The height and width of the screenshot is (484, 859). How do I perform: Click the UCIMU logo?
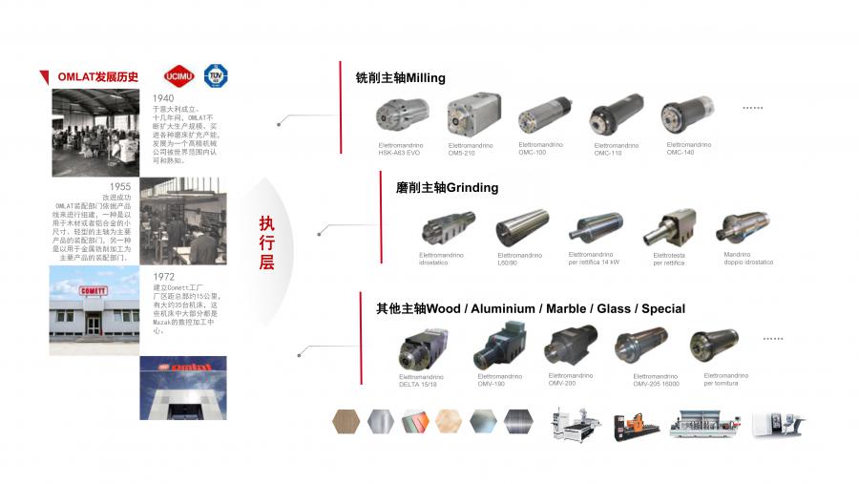pyautogui.click(x=178, y=76)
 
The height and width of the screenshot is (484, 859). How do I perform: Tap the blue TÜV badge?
pyautogui.click(x=217, y=76)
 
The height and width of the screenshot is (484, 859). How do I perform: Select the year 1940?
pyautogui.click(x=163, y=97)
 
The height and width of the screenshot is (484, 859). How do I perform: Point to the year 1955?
pyautogui.click(x=120, y=187)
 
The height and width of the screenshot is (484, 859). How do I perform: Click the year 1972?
pyautogui.click(x=164, y=277)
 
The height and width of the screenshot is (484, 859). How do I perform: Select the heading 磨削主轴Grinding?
pyautogui.click(x=447, y=188)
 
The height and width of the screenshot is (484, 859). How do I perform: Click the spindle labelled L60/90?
pyautogui.click(x=521, y=229)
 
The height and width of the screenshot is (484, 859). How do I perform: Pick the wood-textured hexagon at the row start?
pyautogui.click(x=346, y=421)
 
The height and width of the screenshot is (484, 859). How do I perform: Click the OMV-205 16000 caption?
pyautogui.click(x=655, y=380)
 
